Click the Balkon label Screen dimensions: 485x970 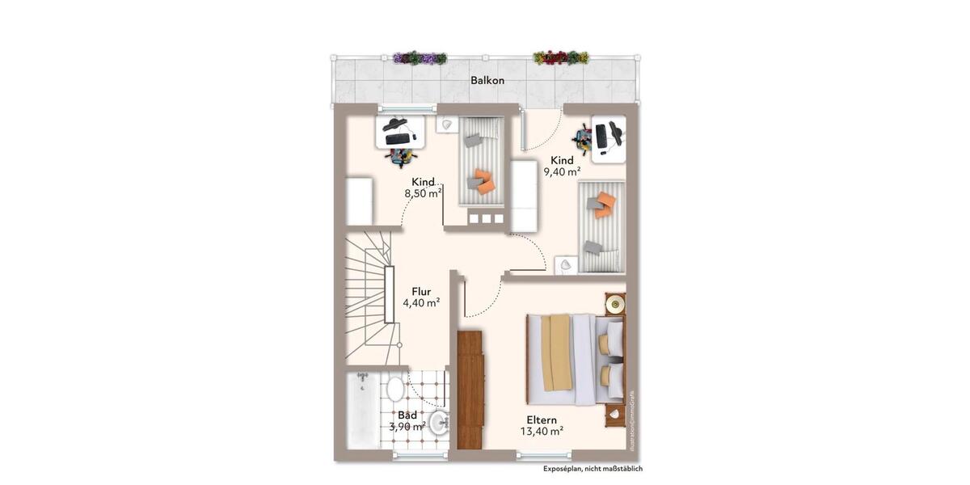(487, 81)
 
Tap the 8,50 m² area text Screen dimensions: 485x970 (423, 194)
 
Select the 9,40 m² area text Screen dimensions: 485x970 (562, 172)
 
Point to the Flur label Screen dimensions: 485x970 (421, 291)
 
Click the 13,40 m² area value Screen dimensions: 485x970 (542, 432)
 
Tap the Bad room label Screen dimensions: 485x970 (407, 415)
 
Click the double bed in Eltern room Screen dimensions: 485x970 (575, 358)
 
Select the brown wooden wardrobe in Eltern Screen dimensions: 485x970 (470, 389)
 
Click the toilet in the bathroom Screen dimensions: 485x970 (395, 389)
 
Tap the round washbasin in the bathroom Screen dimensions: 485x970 (439, 422)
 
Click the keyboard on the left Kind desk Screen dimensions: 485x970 (397, 139)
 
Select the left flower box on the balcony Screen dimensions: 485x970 (420, 58)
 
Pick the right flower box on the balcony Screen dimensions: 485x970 (560, 58)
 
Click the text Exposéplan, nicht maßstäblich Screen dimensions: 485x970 (593, 469)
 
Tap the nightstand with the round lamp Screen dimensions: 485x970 (615, 305)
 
